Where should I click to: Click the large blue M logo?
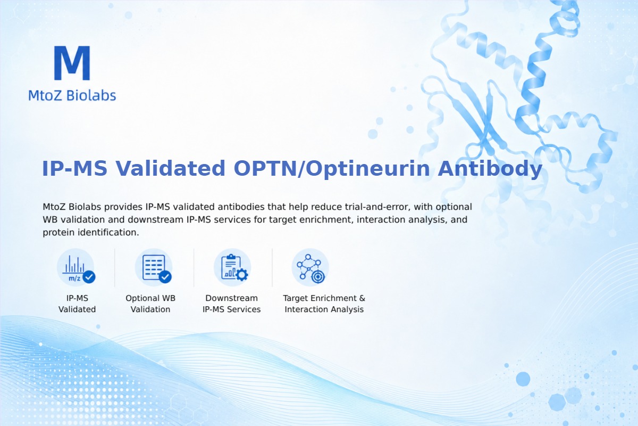coord(72,63)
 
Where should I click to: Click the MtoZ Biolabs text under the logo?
coord(72,95)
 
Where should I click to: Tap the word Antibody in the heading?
coord(490,168)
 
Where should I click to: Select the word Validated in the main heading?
coord(170,168)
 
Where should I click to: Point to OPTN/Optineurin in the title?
coord(332,169)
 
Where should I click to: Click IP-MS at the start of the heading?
coord(74,168)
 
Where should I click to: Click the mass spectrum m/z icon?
coord(75,268)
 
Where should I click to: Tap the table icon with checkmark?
coord(154,268)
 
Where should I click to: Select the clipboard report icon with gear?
coord(232,268)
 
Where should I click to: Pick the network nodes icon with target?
coord(310,268)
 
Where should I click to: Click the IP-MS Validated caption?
coord(77,304)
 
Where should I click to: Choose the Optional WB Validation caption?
coord(150,304)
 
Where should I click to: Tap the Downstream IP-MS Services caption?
coord(232,304)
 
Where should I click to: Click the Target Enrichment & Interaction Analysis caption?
coord(324,304)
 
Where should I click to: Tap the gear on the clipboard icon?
coord(242,275)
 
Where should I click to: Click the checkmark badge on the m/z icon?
coord(89,277)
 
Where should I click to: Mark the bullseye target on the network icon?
coord(318,277)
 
